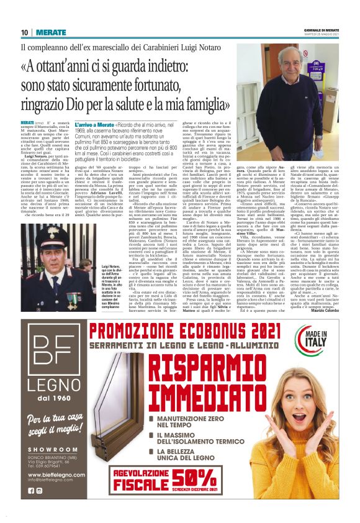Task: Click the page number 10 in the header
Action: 24,32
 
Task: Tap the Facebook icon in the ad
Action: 31,491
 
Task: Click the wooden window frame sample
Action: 119,422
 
